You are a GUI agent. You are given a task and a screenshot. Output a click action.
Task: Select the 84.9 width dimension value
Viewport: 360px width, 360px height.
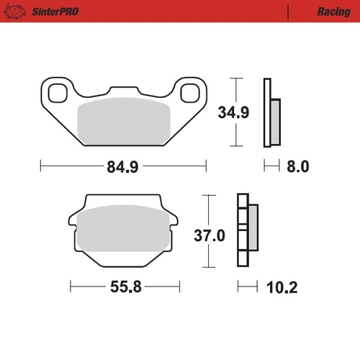click(x=122, y=166)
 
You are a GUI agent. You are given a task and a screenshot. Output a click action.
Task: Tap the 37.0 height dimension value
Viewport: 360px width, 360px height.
click(x=207, y=235)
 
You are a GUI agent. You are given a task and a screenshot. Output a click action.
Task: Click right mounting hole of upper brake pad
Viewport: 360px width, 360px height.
click(x=189, y=91)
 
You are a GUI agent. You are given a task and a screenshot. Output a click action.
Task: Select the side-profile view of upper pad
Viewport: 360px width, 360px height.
click(x=272, y=112)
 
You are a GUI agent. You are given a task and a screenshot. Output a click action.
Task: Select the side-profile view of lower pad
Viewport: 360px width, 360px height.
click(x=247, y=229)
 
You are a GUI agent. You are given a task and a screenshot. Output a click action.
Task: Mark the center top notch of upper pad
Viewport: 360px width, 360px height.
click(x=122, y=90)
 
